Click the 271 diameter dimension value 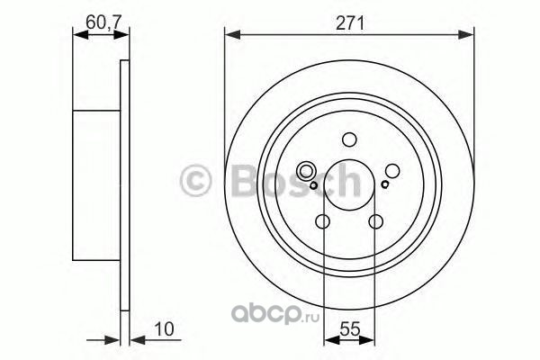tap(349, 23)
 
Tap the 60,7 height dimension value tap(103, 22)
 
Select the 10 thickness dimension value tap(164, 329)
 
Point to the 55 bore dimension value tap(349, 329)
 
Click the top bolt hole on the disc tap(349, 139)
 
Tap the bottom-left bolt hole tap(323, 221)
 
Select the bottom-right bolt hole tap(375, 221)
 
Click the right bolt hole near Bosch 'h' tap(392, 171)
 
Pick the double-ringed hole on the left tap(306, 171)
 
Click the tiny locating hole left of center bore tap(313, 185)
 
